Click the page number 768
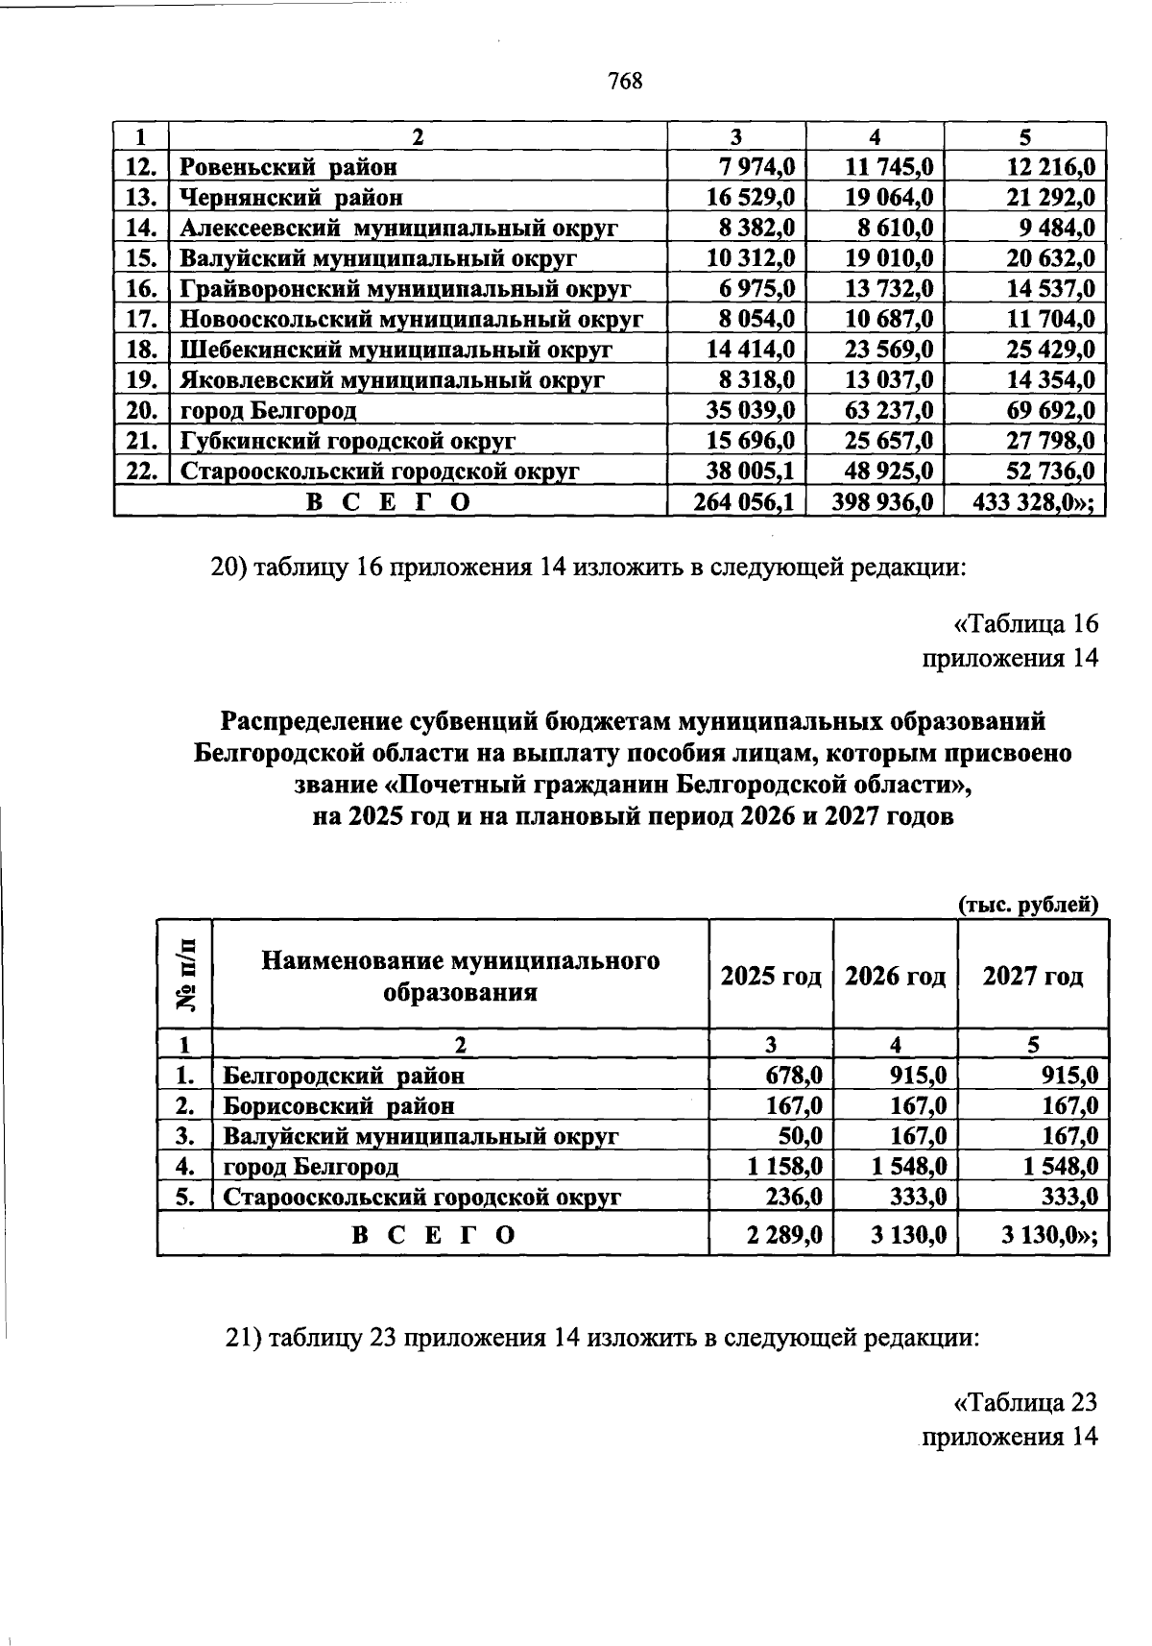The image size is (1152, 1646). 624,82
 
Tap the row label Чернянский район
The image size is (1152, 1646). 292,198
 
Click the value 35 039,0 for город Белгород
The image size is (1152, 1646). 751,411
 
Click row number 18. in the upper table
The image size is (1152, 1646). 141,351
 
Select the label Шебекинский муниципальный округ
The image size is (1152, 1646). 396,351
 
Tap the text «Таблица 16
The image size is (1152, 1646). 1024,624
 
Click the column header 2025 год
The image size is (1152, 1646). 771,977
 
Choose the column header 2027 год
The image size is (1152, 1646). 1033,977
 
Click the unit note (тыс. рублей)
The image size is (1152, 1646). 1027,905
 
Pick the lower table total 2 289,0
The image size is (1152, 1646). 784,1235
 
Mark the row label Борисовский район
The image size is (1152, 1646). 339,1106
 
